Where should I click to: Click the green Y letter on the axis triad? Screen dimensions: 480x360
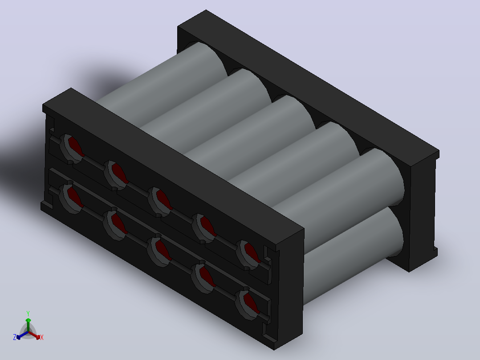point(28,313)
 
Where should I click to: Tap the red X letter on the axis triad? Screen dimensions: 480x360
point(42,337)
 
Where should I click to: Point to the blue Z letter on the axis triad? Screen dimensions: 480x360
point(15,337)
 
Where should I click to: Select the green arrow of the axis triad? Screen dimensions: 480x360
point(28,325)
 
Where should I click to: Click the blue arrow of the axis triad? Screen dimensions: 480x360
point(22,335)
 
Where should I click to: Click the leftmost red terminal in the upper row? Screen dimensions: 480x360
point(76,147)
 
